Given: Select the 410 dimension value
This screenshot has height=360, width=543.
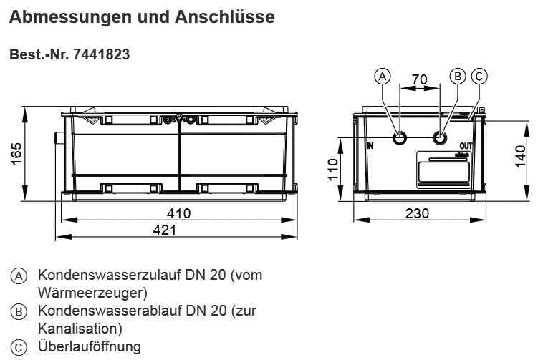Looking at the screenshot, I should click(178, 213).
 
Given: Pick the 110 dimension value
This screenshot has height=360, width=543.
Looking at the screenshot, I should click(334, 170).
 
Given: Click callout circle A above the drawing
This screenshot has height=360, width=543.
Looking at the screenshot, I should click(383, 76).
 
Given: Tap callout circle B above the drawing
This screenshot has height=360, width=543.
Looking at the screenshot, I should click(457, 76).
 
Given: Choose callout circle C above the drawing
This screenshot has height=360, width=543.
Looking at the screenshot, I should click(480, 76).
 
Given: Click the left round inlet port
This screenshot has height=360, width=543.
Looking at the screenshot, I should click(400, 137).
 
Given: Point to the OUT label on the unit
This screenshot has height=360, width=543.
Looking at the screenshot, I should click(466, 145).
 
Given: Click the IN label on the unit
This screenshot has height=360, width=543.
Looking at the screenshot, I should click(370, 145).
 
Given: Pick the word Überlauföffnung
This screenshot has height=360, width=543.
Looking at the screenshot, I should click(90, 347).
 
